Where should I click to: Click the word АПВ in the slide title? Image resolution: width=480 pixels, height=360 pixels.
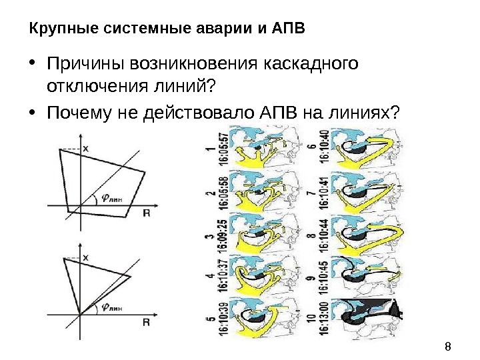tap(288, 29)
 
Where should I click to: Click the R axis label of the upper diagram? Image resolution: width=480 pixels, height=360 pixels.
tap(145, 213)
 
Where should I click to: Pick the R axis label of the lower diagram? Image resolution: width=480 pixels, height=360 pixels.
tap(145, 322)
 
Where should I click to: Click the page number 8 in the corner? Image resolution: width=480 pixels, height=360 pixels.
tap(447, 346)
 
